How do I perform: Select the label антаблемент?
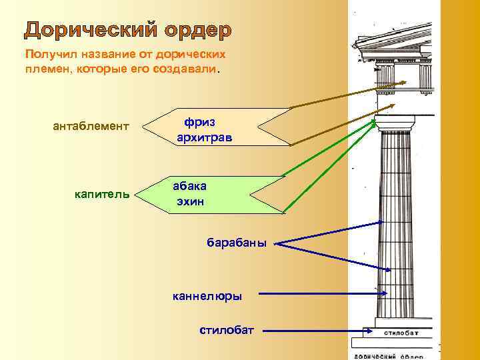(91, 127)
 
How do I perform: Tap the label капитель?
(102, 195)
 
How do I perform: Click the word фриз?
(200, 122)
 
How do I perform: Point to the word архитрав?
(205, 138)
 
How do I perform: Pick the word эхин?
(190, 201)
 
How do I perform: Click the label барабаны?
(236, 243)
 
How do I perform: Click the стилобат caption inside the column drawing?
(401, 332)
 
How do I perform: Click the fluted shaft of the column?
(396, 227)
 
